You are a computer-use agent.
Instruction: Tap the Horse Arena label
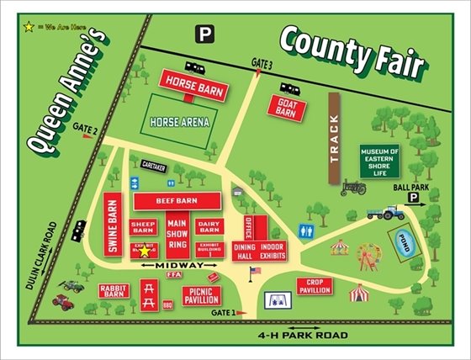[179, 121]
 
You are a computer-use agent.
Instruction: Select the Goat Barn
[288, 109]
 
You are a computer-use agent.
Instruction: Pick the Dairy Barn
[208, 226]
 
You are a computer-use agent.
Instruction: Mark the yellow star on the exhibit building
[144, 250]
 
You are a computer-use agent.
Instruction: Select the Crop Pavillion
[315, 286]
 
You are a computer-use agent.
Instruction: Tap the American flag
[255, 271]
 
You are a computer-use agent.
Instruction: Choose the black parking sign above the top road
[204, 34]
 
